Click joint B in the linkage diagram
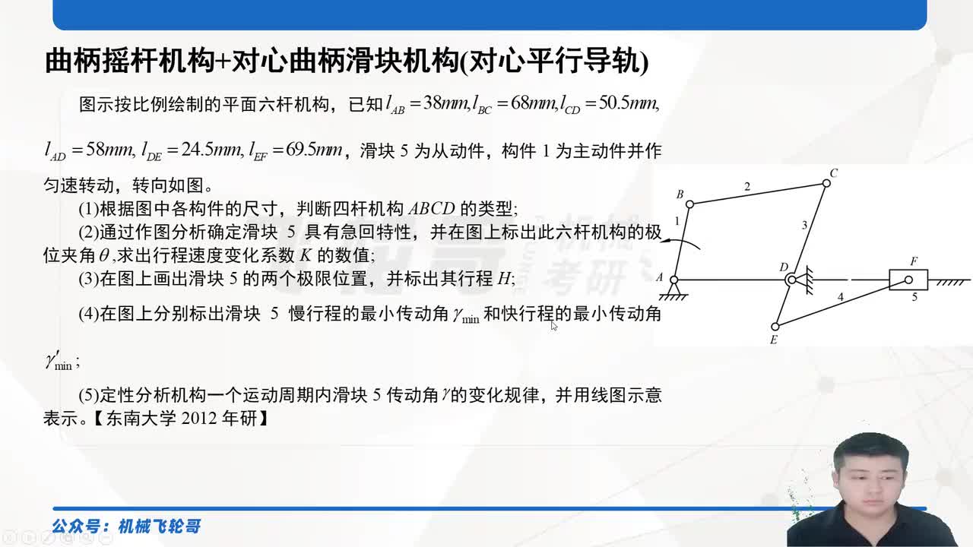(x=689, y=204)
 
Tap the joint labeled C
(x=826, y=183)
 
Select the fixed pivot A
(x=673, y=280)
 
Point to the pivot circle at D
(x=791, y=280)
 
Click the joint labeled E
(x=775, y=327)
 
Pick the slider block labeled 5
(x=908, y=280)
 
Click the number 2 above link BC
(x=747, y=186)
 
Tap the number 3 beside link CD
(x=805, y=225)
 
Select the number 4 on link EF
(x=840, y=297)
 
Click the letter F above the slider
(x=914, y=262)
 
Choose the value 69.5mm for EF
(x=314, y=150)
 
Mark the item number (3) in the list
(x=88, y=278)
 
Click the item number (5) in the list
(x=88, y=395)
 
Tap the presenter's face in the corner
(x=870, y=474)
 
